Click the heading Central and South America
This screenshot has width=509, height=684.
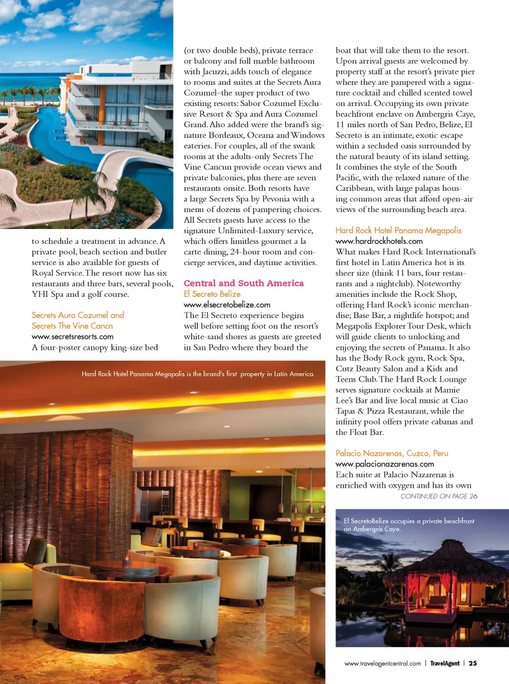click(243, 283)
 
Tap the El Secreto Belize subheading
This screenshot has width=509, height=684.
click(212, 294)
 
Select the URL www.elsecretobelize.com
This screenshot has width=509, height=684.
click(227, 305)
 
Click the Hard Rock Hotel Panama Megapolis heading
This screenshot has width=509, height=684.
click(398, 230)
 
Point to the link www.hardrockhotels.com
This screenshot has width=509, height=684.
click(379, 241)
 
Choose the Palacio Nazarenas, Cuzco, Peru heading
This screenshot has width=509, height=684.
click(392, 453)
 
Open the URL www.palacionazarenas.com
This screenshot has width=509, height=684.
click(384, 464)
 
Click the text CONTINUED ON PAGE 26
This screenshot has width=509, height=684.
click(438, 496)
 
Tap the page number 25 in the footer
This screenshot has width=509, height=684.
click(472, 663)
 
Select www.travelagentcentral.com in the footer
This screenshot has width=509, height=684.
click(382, 663)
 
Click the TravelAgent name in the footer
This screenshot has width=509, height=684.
click(444, 663)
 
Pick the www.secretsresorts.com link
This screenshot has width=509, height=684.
click(73, 337)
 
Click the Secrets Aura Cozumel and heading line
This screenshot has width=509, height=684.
click(78, 315)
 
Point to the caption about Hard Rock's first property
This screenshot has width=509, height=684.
click(198, 374)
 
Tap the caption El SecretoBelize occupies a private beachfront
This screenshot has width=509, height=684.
click(409, 521)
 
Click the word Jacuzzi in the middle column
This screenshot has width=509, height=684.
click(217, 72)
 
